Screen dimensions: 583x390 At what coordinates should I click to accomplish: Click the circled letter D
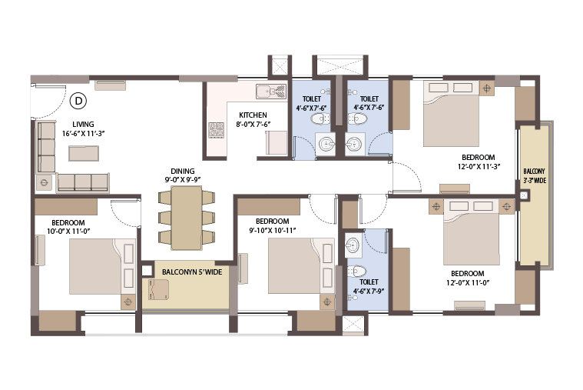78,101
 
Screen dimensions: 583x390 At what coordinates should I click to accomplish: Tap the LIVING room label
83,125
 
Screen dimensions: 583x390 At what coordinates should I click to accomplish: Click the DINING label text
183,172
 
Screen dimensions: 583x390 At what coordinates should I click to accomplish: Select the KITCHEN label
253,115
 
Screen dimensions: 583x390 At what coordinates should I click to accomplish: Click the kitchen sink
271,92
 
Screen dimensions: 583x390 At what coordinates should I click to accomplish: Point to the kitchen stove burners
217,130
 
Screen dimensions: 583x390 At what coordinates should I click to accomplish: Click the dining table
187,218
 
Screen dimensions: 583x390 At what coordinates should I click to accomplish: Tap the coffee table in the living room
84,153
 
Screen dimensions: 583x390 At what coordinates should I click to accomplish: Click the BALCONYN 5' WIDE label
192,272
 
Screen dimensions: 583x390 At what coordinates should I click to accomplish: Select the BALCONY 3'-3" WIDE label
535,176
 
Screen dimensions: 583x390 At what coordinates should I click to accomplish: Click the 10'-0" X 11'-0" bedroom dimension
68,231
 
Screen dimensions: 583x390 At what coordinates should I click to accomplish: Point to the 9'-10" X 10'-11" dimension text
273,230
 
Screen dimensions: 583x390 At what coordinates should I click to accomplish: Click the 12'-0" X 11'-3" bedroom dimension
479,166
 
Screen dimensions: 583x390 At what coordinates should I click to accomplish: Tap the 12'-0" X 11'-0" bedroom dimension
468,283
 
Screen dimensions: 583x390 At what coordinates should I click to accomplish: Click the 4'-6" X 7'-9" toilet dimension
369,291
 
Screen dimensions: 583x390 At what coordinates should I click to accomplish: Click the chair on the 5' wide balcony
158,289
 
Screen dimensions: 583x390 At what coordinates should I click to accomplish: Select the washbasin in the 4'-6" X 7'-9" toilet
353,245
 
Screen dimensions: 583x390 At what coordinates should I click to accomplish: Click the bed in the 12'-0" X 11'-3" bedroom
452,114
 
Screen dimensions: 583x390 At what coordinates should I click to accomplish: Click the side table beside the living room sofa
45,182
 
